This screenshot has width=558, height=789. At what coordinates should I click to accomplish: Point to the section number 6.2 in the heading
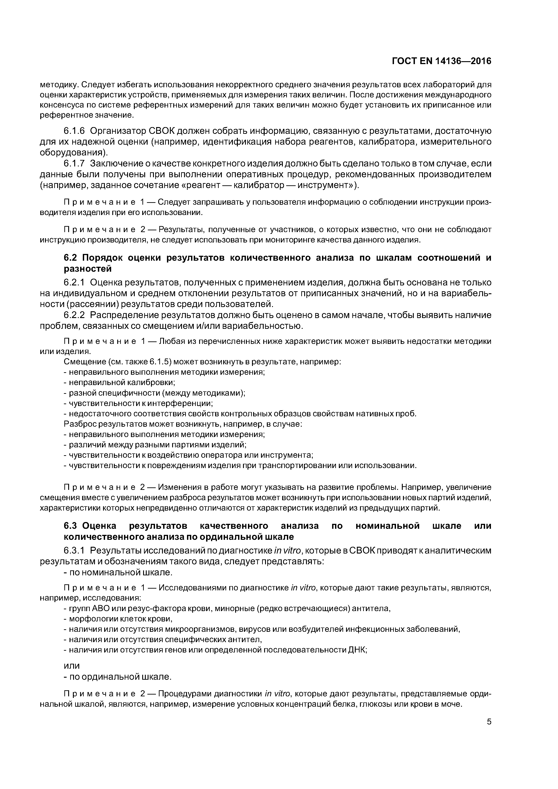pyautogui.click(x=71, y=258)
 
